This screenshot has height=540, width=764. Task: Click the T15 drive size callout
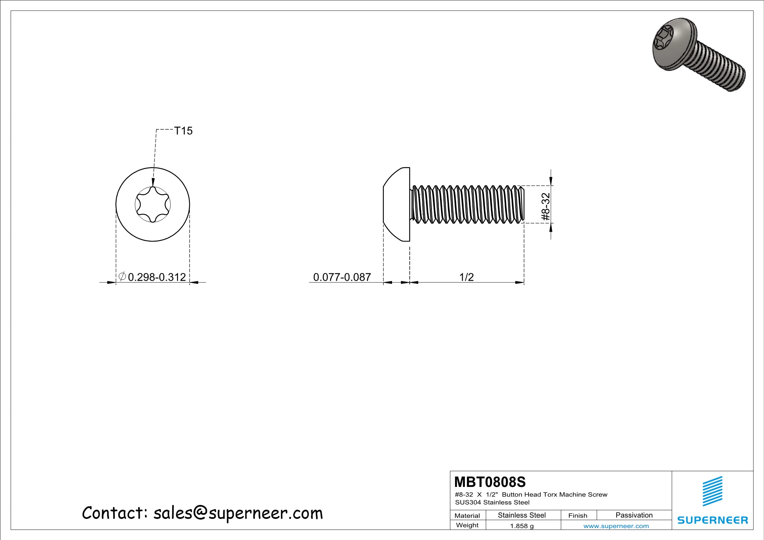183,131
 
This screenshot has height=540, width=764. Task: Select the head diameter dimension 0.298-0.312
157,277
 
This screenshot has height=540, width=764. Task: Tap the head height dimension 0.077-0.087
342,277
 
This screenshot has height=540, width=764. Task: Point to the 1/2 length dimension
467,277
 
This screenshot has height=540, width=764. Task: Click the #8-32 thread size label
546,207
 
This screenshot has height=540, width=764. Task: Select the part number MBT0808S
490,482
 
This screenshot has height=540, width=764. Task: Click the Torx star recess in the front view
153,204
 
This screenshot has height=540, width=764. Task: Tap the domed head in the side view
397,204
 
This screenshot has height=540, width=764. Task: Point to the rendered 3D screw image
699,54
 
